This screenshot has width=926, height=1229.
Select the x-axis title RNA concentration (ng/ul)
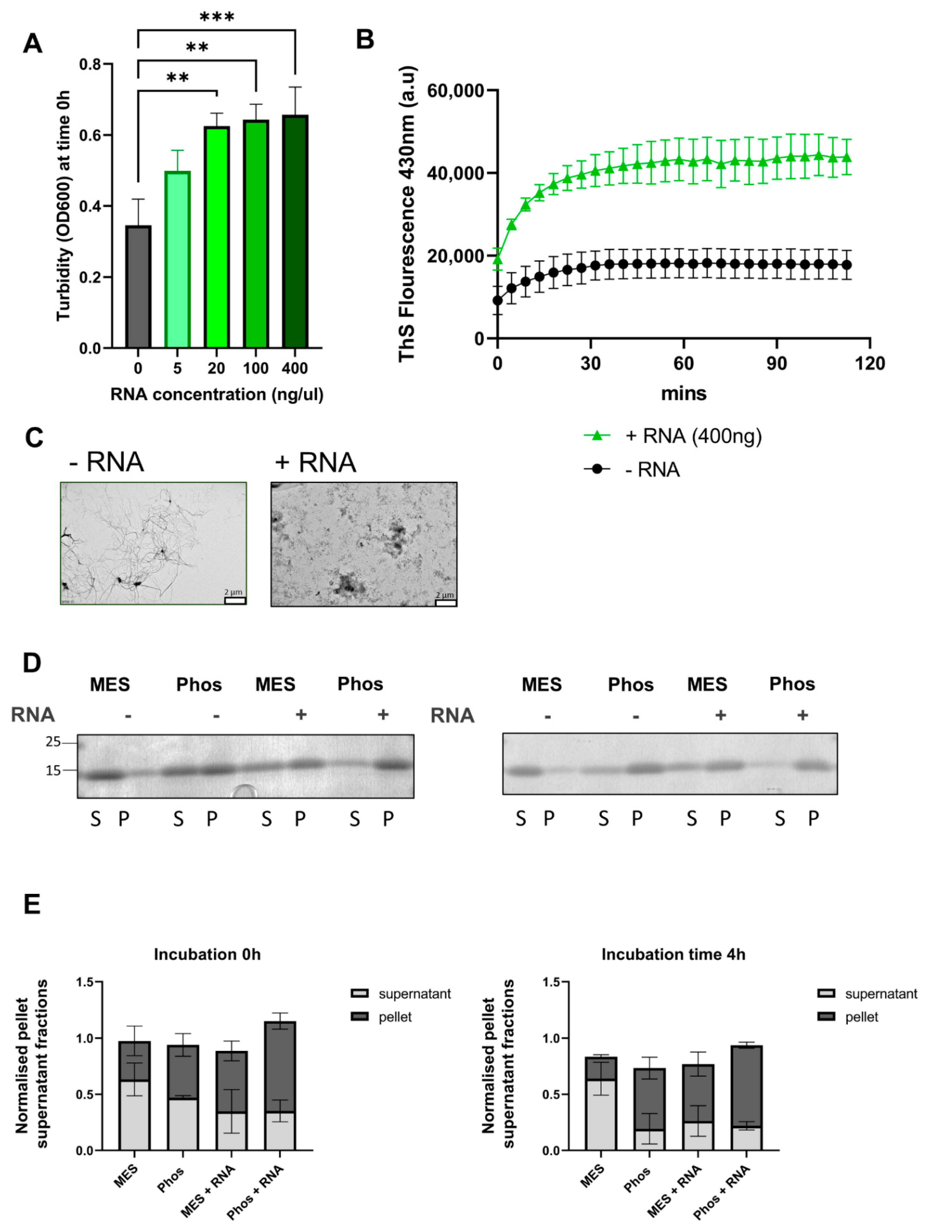click(x=217, y=395)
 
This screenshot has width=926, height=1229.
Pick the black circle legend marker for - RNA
click(x=597, y=470)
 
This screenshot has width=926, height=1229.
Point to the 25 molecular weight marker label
click(x=53, y=742)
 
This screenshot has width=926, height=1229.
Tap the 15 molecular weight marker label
click(x=53, y=771)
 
